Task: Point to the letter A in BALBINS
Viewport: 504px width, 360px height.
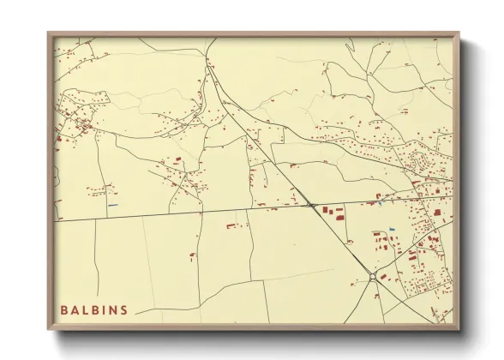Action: click(x=74, y=309)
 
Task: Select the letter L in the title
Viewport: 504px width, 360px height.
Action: click(x=84, y=309)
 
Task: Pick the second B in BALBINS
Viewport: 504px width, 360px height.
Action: click(x=94, y=309)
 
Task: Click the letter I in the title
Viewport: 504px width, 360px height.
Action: click(x=104, y=309)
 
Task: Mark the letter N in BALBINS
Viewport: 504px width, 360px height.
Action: click(x=113, y=309)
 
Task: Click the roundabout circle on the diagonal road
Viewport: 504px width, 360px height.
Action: click(x=371, y=274)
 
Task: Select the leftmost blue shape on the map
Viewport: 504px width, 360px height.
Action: click(x=112, y=205)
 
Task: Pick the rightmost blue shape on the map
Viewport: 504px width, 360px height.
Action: click(x=392, y=227)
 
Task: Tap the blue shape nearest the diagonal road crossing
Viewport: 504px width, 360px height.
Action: click(x=378, y=204)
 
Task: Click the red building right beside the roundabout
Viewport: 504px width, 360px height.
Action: click(x=382, y=277)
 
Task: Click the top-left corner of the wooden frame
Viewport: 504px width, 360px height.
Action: click(x=48, y=33)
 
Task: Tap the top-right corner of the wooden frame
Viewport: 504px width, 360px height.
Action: click(x=459, y=33)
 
